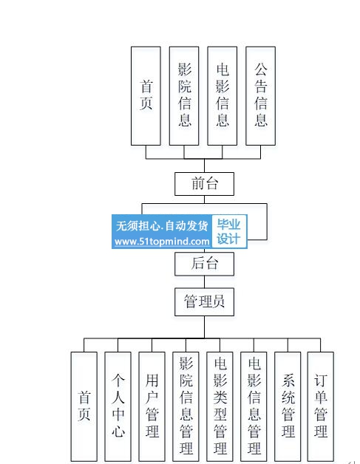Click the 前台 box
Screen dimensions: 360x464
point(204,184)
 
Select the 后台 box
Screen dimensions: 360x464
point(204,264)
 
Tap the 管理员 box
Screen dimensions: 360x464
point(204,302)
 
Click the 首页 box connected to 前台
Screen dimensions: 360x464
point(146,96)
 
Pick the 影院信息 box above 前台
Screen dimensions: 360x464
point(184,96)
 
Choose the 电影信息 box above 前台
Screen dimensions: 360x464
point(223,96)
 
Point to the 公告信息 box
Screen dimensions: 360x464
point(260,96)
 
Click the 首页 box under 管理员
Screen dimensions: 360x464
point(84,406)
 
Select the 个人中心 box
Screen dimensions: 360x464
point(118,406)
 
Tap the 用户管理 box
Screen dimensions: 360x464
point(152,406)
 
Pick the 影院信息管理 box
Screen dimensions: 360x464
point(186,406)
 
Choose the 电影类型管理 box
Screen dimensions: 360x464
point(220,406)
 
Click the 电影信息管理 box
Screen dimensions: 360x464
point(254,406)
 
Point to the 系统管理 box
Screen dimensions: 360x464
point(288,406)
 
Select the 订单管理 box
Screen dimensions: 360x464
point(321,406)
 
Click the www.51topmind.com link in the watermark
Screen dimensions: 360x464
point(162,242)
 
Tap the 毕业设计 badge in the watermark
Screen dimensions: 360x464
point(228,231)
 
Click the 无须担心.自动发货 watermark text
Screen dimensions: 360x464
point(162,226)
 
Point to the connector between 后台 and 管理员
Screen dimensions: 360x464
point(204,282)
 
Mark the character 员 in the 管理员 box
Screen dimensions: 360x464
point(218,301)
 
